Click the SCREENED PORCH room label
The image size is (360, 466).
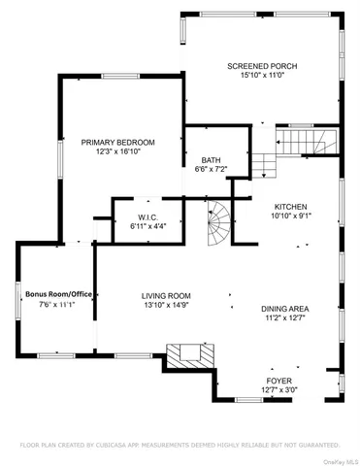point(261,67)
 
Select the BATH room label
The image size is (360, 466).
point(212,160)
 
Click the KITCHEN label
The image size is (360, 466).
point(290,207)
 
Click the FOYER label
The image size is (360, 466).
point(278,381)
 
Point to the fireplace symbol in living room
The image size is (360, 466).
point(185,356)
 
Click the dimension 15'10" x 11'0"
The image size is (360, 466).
point(261,77)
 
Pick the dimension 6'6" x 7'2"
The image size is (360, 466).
point(212,170)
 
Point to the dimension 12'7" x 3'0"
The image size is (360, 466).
point(278,390)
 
